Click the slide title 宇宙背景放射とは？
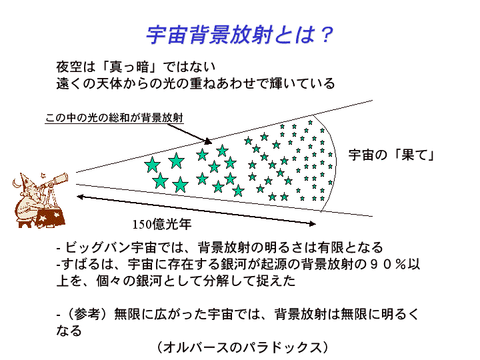[x=239, y=34]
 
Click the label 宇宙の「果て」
[x=392, y=155]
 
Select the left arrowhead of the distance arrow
[x=80, y=196]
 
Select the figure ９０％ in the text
[x=382, y=264]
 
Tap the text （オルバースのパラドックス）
[x=243, y=347]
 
